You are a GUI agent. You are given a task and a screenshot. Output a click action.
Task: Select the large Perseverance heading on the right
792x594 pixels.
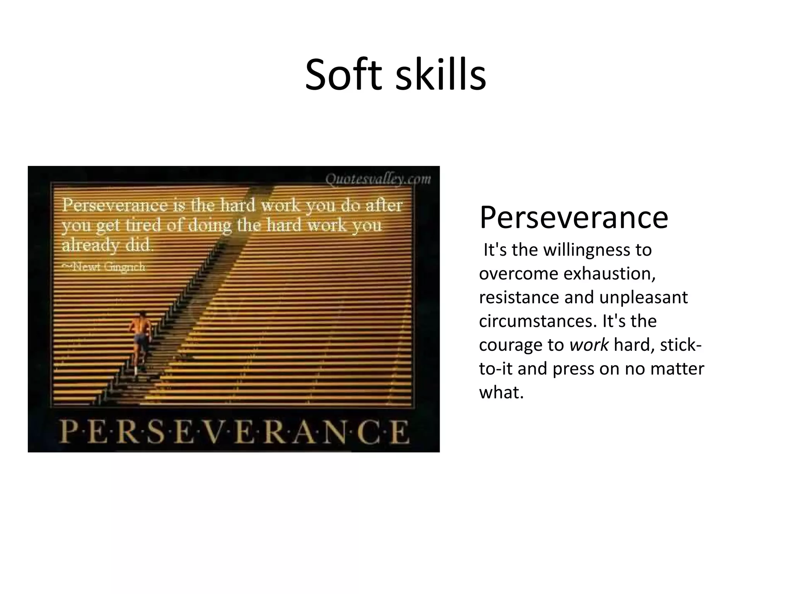pos(574,217)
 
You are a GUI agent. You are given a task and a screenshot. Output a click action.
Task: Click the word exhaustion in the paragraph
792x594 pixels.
pos(609,274)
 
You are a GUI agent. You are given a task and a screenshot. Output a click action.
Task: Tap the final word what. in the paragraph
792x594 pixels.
pos(501,393)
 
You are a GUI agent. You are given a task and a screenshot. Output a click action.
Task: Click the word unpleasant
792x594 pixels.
pos(643,297)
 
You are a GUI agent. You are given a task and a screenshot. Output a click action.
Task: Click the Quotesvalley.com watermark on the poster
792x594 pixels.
pos(377,179)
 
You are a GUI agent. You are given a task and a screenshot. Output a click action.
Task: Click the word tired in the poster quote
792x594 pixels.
pos(143,225)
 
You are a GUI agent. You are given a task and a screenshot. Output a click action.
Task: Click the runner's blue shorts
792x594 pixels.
pos(140,339)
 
